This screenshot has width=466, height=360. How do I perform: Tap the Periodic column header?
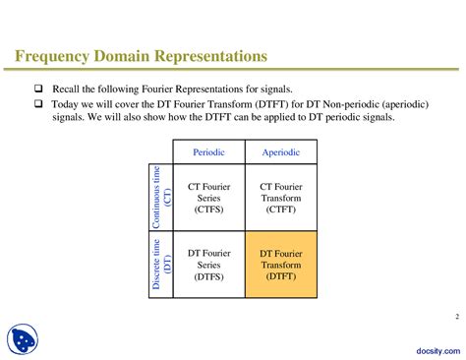(x=207, y=152)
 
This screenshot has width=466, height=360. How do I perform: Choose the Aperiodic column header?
(x=280, y=152)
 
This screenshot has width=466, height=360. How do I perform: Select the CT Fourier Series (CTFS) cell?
(x=207, y=198)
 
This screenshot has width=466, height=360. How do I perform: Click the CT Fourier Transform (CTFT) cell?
(x=280, y=198)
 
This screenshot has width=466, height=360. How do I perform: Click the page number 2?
(x=456, y=316)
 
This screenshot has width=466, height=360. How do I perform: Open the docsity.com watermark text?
(x=434, y=348)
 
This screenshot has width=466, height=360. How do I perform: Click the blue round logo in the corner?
(x=23, y=338)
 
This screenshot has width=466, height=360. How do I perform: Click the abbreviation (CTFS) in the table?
(x=207, y=210)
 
